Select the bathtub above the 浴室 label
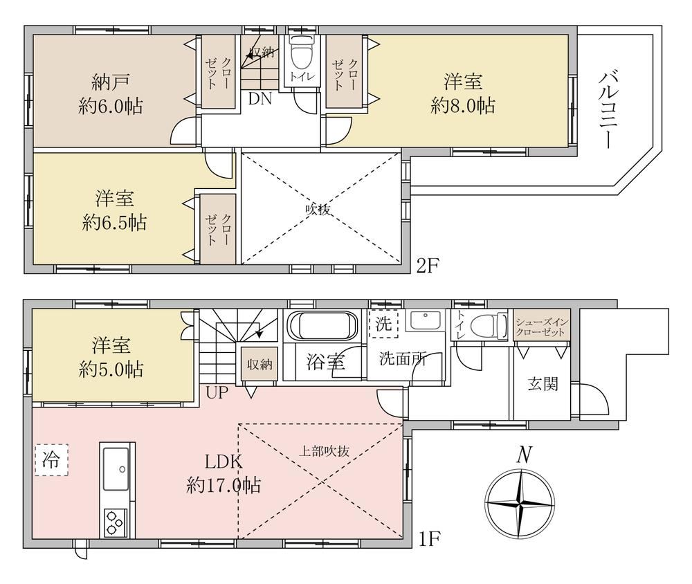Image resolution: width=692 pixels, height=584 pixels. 322,326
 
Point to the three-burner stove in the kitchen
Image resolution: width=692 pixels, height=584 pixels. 116,522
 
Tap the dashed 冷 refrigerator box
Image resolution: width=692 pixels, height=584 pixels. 51,459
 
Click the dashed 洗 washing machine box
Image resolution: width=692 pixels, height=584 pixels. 383,324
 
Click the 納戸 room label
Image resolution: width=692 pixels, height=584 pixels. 111,82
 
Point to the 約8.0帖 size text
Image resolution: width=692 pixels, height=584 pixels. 462,106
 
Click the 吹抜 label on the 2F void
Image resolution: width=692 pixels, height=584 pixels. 318,209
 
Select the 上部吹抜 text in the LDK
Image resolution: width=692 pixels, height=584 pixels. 325,450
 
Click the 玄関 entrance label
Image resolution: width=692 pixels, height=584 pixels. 543,384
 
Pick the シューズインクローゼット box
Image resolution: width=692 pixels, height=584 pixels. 541,327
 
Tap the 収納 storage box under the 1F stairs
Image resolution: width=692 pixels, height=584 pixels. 259,365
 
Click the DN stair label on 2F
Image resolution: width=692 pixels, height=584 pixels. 259,99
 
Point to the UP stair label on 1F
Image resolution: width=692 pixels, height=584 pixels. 216,392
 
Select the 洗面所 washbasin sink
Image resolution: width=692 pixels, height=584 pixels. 425,321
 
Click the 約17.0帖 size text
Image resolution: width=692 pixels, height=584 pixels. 223,486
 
